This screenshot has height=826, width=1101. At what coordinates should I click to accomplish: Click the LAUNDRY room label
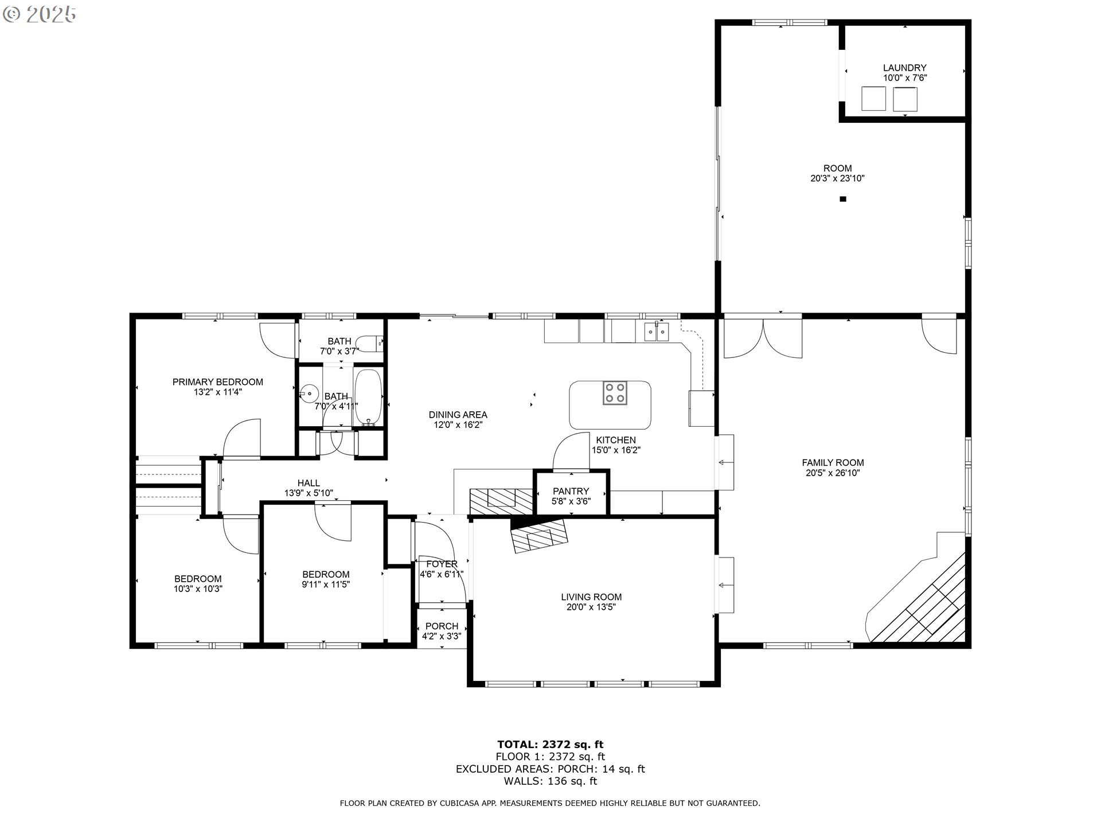(x=904, y=68)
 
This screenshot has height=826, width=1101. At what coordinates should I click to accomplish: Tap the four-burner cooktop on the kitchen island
(x=614, y=393)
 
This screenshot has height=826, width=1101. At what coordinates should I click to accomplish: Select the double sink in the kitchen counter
(x=656, y=332)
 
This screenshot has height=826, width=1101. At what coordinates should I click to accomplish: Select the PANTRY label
(x=571, y=491)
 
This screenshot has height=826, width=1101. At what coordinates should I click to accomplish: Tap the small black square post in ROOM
(x=842, y=199)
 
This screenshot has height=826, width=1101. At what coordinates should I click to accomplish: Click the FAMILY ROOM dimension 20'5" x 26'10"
(x=833, y=473)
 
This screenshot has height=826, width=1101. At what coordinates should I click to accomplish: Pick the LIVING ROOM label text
(x=591, y=597)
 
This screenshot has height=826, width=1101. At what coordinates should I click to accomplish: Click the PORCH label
(x=442, y=626)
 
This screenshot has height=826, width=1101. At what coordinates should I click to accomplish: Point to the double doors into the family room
(x=763, y=338)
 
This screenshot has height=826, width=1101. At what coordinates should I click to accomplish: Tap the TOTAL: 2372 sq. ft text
(x=550, y=745)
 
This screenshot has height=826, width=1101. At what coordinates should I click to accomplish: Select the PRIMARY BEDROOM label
(x=217, y=382)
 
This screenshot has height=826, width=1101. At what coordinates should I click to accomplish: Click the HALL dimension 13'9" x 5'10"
(x=309, y=493)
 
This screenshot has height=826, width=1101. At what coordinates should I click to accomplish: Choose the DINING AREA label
(x=458, y=415)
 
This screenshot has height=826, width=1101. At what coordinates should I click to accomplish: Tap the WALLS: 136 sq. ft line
(x=550, y=781)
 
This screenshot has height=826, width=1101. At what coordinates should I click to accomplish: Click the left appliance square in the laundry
(x=874, y=99)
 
